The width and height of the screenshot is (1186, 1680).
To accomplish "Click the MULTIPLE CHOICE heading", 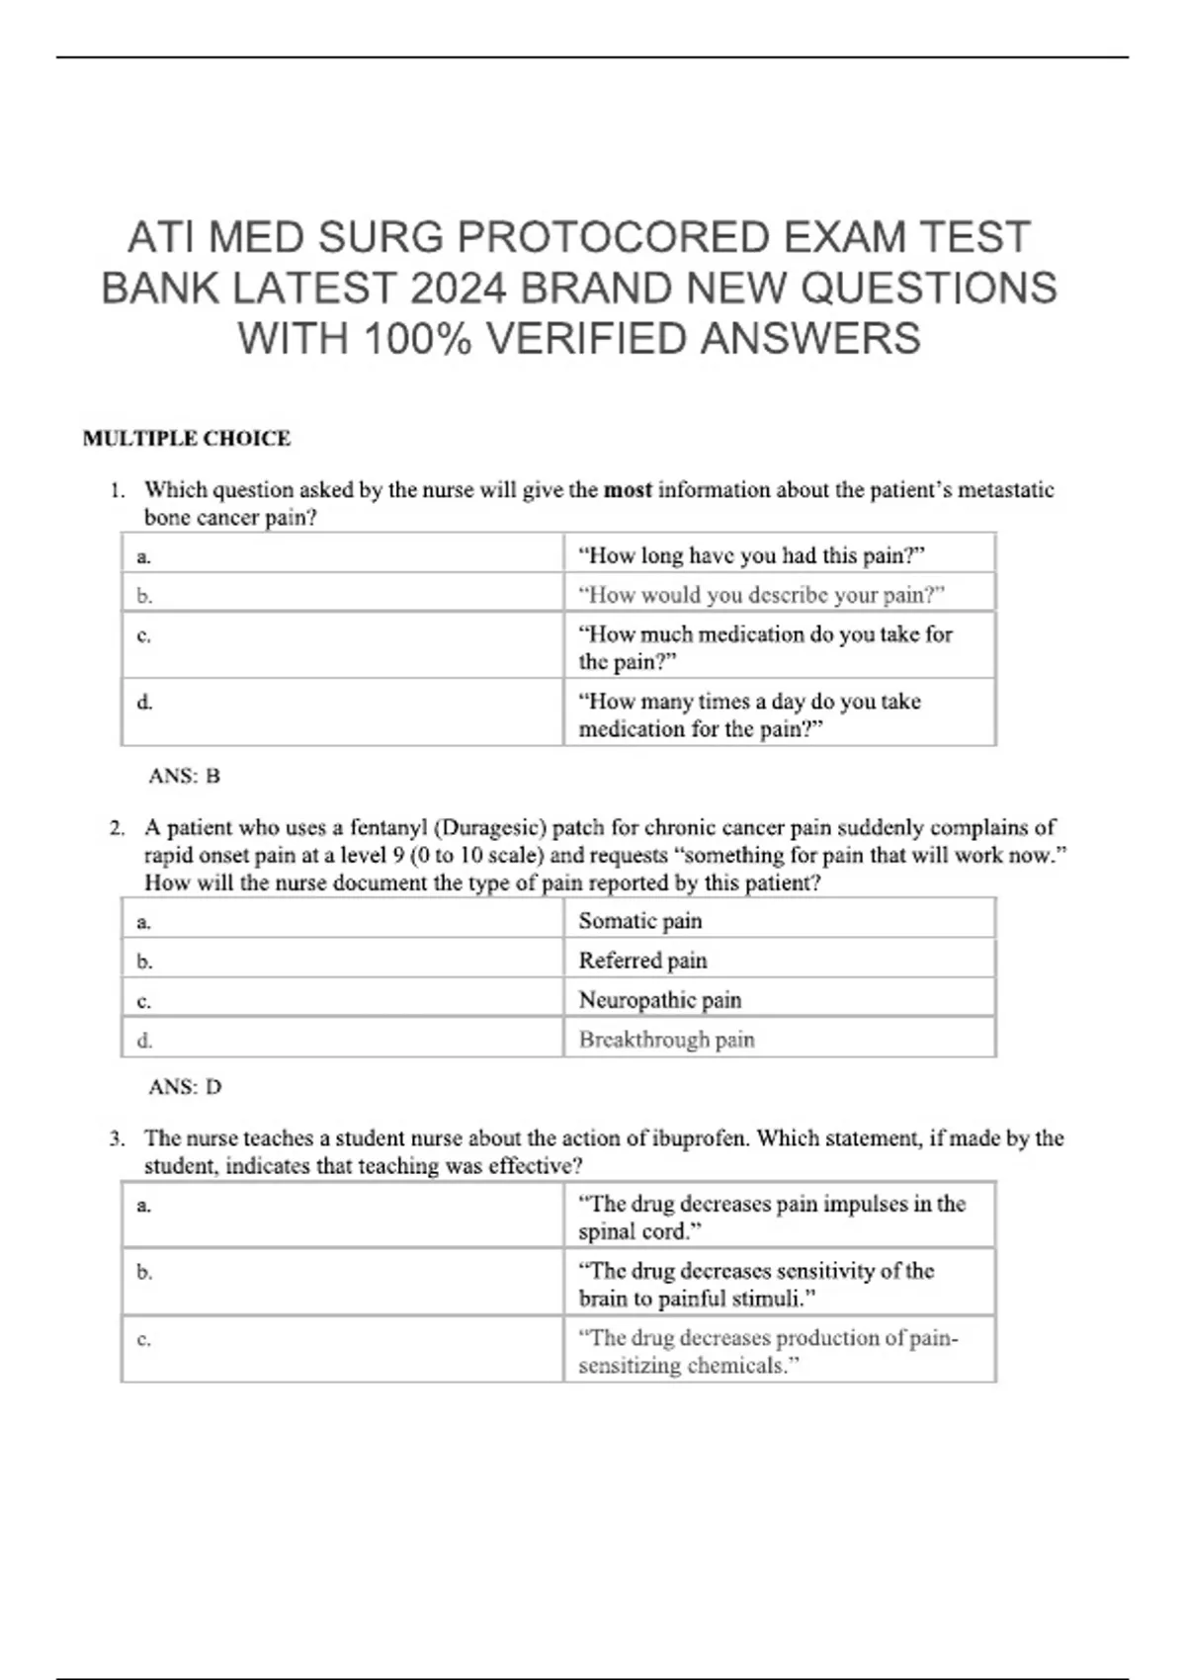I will coord(187,439).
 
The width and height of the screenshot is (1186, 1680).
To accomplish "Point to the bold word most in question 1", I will coord(628,490).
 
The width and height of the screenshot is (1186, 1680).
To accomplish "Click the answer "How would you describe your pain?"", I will coord(761,595).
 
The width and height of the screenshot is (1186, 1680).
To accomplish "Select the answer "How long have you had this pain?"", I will coord(751,555).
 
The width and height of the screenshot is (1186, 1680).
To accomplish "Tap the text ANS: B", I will coord(184,777).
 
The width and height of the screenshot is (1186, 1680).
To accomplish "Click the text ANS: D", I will coord(185,1087).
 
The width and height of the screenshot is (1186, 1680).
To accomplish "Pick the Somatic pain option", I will coord(640,921).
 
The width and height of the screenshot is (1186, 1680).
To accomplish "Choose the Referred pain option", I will coord(642,961).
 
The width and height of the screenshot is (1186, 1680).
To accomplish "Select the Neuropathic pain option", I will coord(659,1000).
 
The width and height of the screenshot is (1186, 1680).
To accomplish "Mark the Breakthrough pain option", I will coord(666,1040).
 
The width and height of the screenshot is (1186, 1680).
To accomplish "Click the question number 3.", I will coord(117,1138).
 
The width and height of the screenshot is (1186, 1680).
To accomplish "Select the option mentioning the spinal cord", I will coord(771,1218).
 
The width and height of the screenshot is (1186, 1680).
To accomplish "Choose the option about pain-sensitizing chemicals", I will coord(768,1351).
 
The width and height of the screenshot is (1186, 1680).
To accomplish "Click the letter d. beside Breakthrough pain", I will coord(144,1041).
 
